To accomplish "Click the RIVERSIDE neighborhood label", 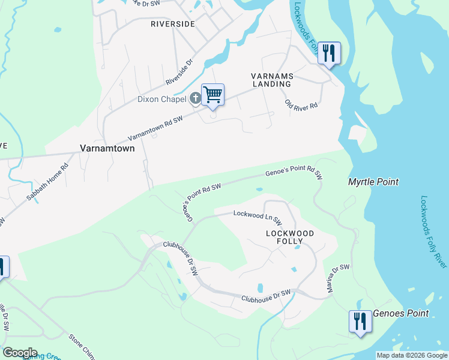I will [x=172, y=24].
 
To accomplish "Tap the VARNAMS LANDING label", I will [x=271, y=80].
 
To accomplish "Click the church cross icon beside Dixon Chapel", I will [x=195, y=98].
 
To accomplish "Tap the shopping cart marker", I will [x=212, y=95].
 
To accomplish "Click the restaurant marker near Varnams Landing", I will [x=329, y=53].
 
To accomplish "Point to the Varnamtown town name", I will [x=106, y=148].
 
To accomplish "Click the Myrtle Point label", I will [x=373, y=182].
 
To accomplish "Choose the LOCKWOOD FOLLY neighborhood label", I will [x=291, y=236].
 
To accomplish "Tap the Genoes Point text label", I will [x=401, y=313].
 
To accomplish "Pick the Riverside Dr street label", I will [x=179, y=71].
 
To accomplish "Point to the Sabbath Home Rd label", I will [x=47, y=182].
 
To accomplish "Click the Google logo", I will [x=20, y=353].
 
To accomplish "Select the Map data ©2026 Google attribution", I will [x=411, y=355].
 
